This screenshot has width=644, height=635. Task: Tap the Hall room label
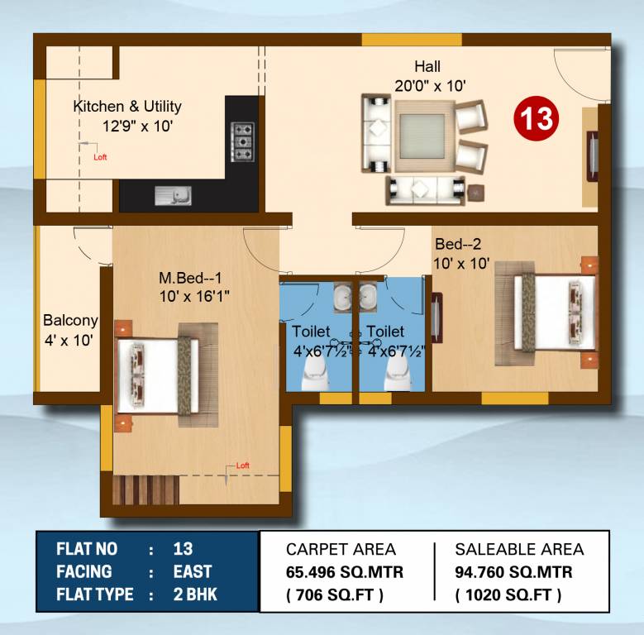tap(427, 67)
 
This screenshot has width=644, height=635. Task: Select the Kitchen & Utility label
tap(127, 107)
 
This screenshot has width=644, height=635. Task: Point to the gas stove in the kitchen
tap(242, 141)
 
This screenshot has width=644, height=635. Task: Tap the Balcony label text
tap(70, 321)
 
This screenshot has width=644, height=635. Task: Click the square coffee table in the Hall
tap(422, 135)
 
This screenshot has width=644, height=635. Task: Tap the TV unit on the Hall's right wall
tap(592, 155)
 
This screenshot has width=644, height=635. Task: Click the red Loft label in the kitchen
tap(100, 157)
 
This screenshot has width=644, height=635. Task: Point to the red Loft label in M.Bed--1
tap(242, 466)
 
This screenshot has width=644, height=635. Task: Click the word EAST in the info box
tap(193, 571)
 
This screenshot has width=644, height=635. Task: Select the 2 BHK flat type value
tap(195, 594)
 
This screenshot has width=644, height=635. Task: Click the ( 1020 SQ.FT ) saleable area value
tap(508, 594)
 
